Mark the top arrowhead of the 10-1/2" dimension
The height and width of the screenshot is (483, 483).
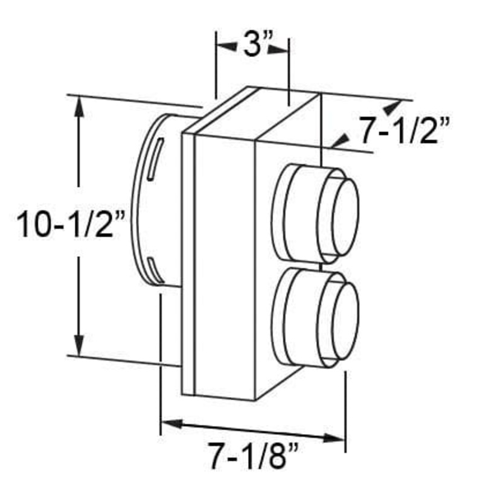[x=79, y=106]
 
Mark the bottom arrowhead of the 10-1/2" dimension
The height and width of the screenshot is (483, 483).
[x=79, y=348]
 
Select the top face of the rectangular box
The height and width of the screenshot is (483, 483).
[x=260, y=112]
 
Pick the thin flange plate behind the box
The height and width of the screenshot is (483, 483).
[x=188, y=260]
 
